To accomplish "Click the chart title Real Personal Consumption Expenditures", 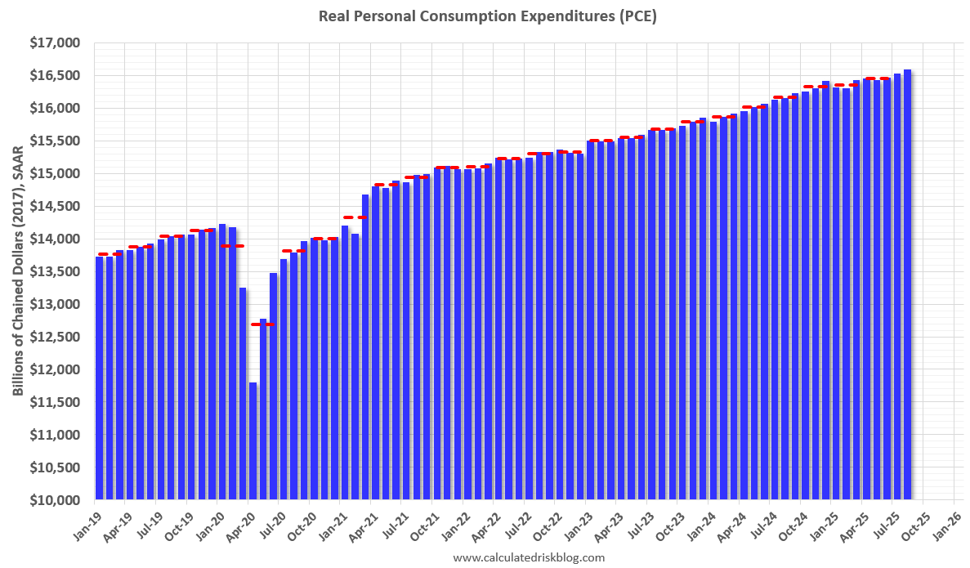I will (x=487, y=16).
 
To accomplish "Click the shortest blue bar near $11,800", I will (x=253, y=441).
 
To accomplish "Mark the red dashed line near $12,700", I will (x=263, y=324).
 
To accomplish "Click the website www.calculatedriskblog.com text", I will (x=529, y=557).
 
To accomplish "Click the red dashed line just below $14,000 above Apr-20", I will (x=233, y=246).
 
